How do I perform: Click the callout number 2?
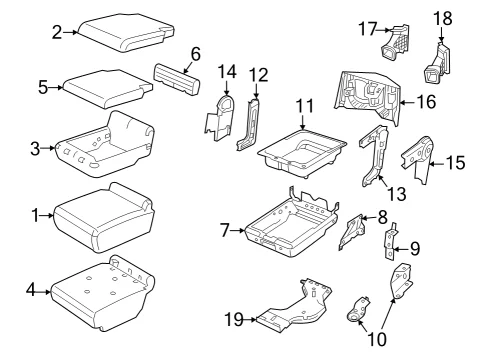click(57, 33)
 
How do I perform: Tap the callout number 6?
click(196, 54)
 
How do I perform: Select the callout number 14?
click(227, 72)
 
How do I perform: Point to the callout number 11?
click(305, 106)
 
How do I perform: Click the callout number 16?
click(427, 102)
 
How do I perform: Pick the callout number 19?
click(234, 320)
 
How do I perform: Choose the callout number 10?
click(377, 339)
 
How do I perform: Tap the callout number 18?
click(443, 18)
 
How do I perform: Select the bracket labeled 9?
click(390, 241)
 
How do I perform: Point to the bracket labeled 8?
click(352, 232)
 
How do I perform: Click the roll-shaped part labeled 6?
click(177, 79)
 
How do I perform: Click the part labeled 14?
click(220, 117)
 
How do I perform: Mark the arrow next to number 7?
click(237, 230)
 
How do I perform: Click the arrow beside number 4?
click(43, 292)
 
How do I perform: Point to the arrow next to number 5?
click(56, 88)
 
